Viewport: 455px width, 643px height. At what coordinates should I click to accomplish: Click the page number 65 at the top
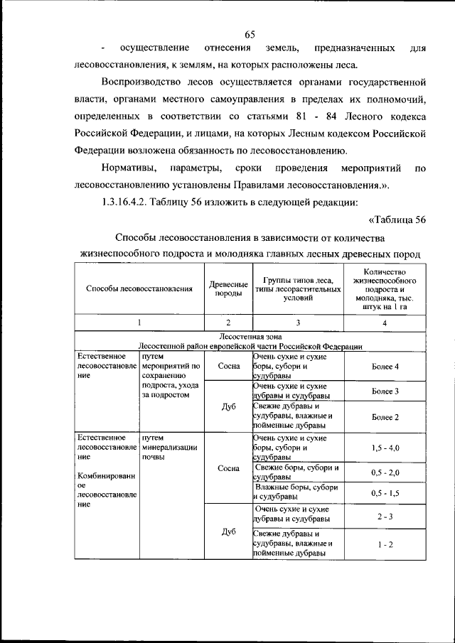pyautogui.click(x=250, y=35)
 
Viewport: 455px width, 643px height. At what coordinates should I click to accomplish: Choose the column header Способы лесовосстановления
pyautogui.click(x=139, y=288)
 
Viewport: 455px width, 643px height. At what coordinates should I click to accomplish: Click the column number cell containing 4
pyautogui.click(x=385, y=322)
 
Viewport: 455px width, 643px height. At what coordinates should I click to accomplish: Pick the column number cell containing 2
pyautogui.click(x=227, y=322)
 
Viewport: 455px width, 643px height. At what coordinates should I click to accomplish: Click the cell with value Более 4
pyautogui.click(x=385, y=366)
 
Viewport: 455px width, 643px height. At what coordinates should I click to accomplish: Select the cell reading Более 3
pyautogui.click(x=385, y=391)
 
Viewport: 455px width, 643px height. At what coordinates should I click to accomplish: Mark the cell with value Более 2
pyautogui.click(x=385, y=416)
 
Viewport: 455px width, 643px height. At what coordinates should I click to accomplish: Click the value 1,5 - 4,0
pyautogui.click(x=385, y=448)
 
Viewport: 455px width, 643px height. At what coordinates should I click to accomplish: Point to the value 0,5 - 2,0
pyautogui.click(x=385, y=472)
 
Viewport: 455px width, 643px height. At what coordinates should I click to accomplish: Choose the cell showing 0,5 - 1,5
pyautogui.click(x=385, y=492)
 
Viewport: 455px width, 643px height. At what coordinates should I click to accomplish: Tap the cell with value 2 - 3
pyautogui.click(x=385, y=516)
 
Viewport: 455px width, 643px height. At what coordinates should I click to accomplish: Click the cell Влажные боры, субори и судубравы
pyautogui.click(x=298, y=492)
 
